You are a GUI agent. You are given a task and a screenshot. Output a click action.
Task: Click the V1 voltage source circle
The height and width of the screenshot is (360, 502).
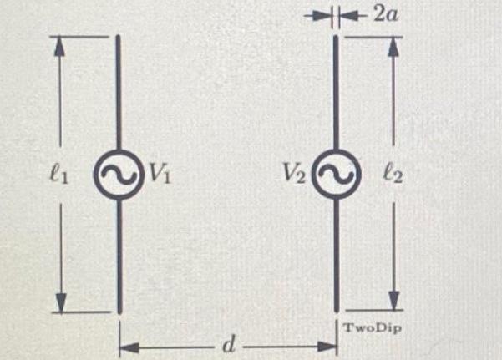(119, 175)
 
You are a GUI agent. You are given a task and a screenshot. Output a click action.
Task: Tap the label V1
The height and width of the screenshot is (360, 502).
(160, 175)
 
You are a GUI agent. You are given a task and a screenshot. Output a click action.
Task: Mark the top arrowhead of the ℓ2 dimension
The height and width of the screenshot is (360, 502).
(394, 47)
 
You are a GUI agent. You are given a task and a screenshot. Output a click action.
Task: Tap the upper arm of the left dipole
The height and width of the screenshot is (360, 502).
(119, 92)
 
